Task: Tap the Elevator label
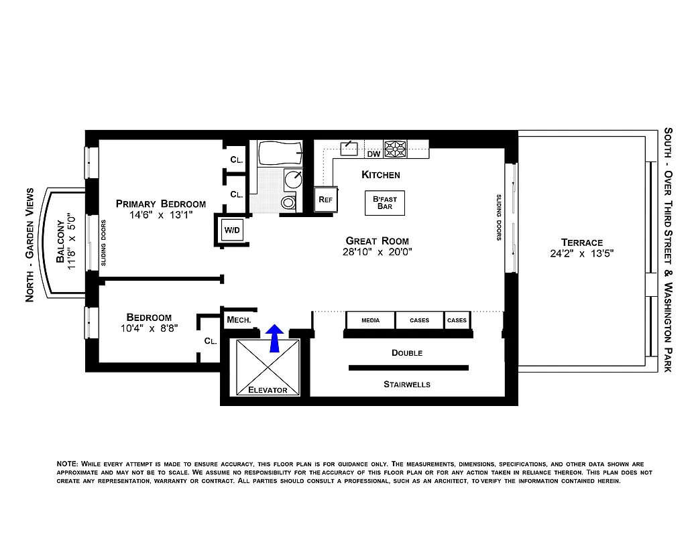coord(268,390)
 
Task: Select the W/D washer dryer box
coord(232,230)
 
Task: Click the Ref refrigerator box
coord(326,200)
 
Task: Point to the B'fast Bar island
coord(385,203)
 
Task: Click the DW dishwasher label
coord(373,154)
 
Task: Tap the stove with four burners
coord(395,149)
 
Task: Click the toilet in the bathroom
coord(288,202)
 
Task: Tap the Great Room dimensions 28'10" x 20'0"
coord(378,253)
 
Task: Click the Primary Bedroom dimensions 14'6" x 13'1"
coord(161,216)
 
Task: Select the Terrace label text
coord(581,243)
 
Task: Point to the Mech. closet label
coord(239,320)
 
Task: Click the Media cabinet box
coord(370,320)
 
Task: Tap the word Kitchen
coord(380,175)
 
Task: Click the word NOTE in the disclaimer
coord(67,464)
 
